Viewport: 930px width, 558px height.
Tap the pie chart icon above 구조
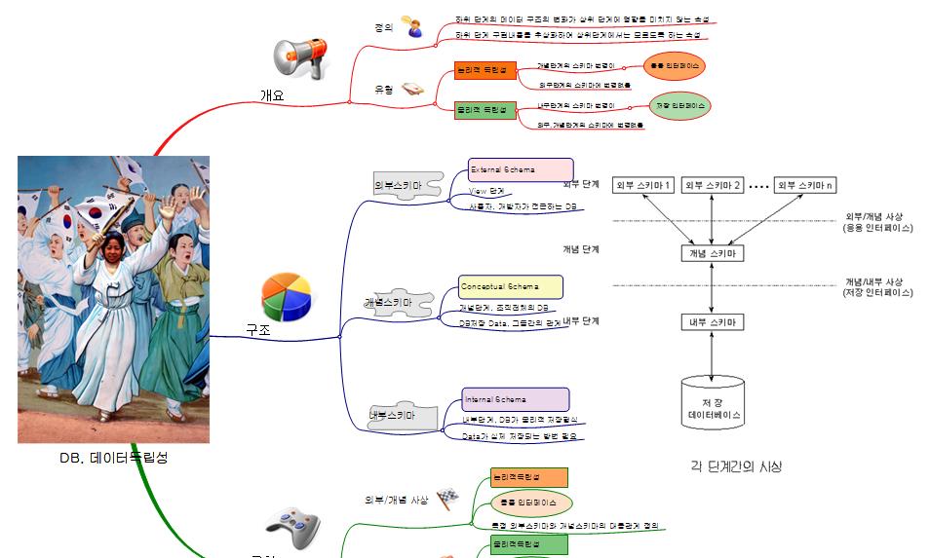tap(286, 295)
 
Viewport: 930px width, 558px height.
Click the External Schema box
tap(521, 170)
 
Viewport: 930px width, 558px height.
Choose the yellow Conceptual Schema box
tap(511, 287)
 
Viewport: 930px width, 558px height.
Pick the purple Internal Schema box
tap(516, 399)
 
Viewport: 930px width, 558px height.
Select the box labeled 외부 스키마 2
tap(713, 185)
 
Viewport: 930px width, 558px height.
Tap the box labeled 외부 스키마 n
tap(808, 185)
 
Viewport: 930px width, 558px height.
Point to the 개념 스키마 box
tap(713, 253)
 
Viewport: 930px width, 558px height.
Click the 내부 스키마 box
tap(713, 321)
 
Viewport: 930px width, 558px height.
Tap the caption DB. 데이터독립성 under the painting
tap(114, 457)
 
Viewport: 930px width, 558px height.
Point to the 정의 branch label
tap(383, 28)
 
